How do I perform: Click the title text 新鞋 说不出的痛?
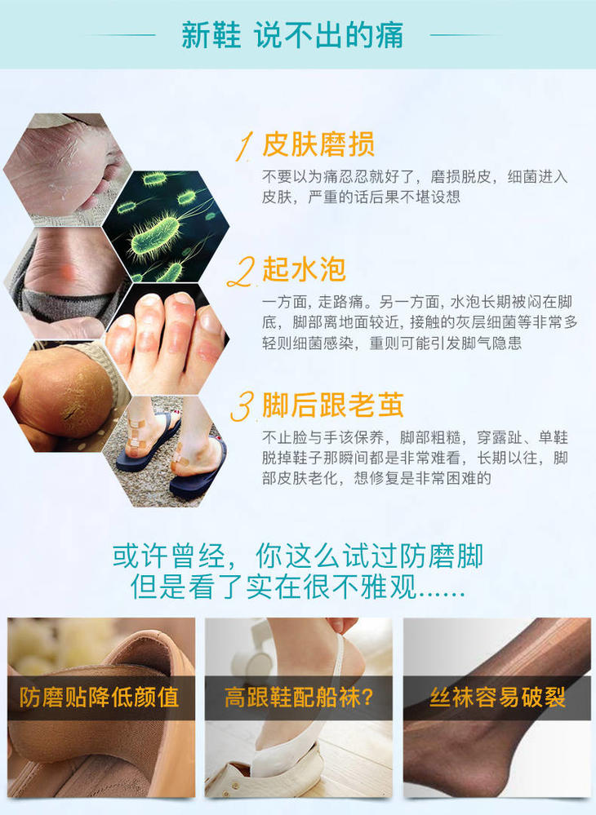point(291,35)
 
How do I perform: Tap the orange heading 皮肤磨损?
point(318,144)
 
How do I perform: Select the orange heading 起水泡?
point(305,268)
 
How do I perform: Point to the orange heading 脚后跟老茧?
point(333,405)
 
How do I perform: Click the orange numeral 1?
point(244,146)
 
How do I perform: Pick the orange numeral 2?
point(242,272)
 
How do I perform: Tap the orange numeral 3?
point(242,406)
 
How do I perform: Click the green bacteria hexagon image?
point(167,226)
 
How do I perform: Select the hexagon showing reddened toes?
point(167,339)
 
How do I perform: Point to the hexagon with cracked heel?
point(66,396)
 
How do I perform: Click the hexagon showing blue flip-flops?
point(166,451)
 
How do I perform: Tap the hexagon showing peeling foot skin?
point(66,170)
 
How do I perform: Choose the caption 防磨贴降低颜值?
point(100,698)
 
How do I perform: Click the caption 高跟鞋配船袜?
point(299,698)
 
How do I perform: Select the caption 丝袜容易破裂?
point(497,698)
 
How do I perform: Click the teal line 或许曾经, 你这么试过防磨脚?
point(297,556)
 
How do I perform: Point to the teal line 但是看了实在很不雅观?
point(297,587)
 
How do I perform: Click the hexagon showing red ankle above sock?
point(66,283)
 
